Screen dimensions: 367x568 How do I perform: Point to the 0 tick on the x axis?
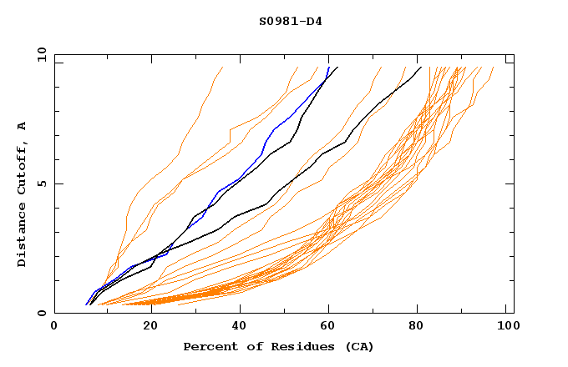pyautogui.click(x=54, y=326)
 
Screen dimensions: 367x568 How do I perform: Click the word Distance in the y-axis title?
pyautogui.click(x=23, y=234)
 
